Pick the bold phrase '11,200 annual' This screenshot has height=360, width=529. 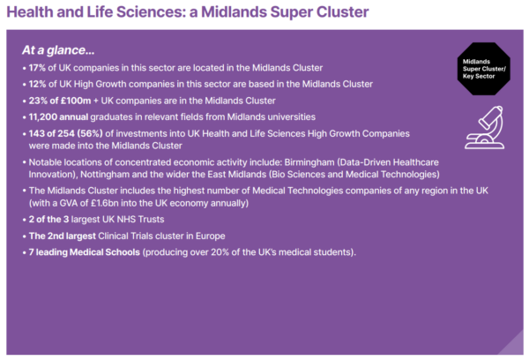point(66,116)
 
